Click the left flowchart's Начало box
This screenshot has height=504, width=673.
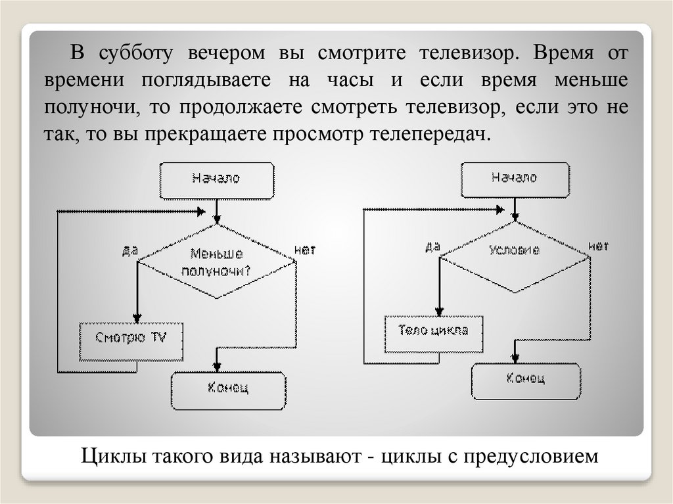(x=216, y=179)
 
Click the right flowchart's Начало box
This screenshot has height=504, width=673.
(x=514, y=179)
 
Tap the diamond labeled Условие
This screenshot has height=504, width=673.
(x=515, y=250)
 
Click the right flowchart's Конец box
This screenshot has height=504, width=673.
(x=525, y=379)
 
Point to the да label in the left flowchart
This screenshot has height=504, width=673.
(x=129, y=250)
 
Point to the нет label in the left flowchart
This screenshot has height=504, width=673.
(x=305, y=250)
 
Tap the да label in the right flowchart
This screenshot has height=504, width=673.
(x=432, y=246)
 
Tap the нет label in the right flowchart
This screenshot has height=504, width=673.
(x=598, y=246)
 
